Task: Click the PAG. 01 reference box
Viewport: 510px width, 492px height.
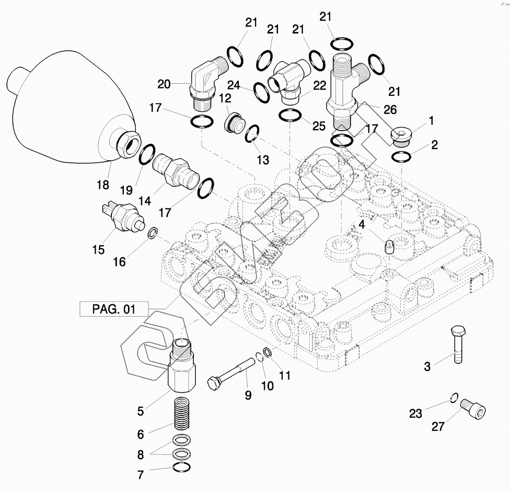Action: coord(114,309)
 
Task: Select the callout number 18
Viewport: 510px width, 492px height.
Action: coord(103,185)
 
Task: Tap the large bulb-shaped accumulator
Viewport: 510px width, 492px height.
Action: coord(73,107)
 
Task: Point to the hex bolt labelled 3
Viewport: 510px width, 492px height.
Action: coord(458,344)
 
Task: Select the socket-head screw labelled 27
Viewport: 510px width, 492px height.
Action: coord(473,409)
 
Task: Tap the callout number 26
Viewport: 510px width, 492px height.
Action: coord(390,109)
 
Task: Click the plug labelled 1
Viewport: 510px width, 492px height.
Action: coord(401,136)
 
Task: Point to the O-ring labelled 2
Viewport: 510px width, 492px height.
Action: coord(402,156)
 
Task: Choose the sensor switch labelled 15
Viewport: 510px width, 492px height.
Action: coord(123,216)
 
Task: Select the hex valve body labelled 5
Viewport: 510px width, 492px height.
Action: coord(182,365)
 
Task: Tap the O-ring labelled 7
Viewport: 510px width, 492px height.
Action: coord(182,467)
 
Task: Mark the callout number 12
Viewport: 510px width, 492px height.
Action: coord(225,98)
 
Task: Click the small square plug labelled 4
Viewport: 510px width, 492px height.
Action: coord(389,248)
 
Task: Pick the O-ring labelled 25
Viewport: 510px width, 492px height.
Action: coord(291,116)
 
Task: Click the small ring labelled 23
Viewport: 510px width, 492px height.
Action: coord(455,398)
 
